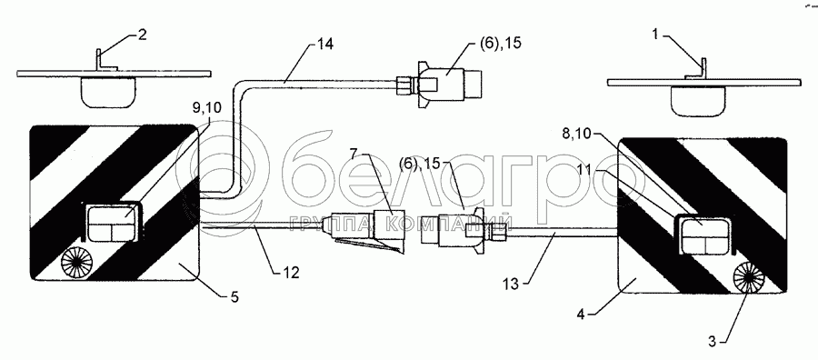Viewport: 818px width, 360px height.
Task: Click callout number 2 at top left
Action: (x=142, y=35)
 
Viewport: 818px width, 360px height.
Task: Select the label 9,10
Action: (x=206, y=108)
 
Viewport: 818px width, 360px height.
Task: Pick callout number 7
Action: (x=354, y=154)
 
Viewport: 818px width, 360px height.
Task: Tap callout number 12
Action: (x=291, y=273)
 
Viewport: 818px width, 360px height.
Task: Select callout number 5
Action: (x=234, y=297)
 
